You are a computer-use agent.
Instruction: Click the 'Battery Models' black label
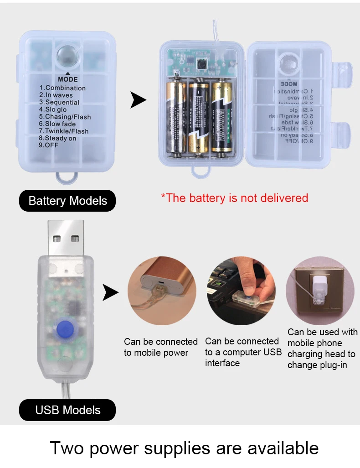67,201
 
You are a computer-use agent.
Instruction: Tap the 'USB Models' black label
67,410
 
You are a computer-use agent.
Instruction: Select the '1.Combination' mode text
62,88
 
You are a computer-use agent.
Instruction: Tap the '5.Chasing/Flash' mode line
65,117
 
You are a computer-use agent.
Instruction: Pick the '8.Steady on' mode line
57,138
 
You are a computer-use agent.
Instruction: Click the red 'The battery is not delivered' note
235,198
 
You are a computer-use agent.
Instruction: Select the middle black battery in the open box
199,118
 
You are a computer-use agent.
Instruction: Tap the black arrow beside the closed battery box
138,100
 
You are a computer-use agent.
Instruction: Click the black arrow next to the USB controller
110,292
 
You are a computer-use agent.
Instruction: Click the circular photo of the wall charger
320,291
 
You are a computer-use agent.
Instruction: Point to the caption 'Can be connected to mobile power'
160,347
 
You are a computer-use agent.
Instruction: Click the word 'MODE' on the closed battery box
68,79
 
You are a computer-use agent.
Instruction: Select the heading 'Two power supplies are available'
184,448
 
